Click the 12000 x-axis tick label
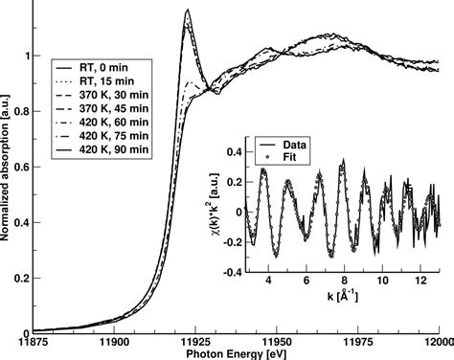(435, 341)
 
